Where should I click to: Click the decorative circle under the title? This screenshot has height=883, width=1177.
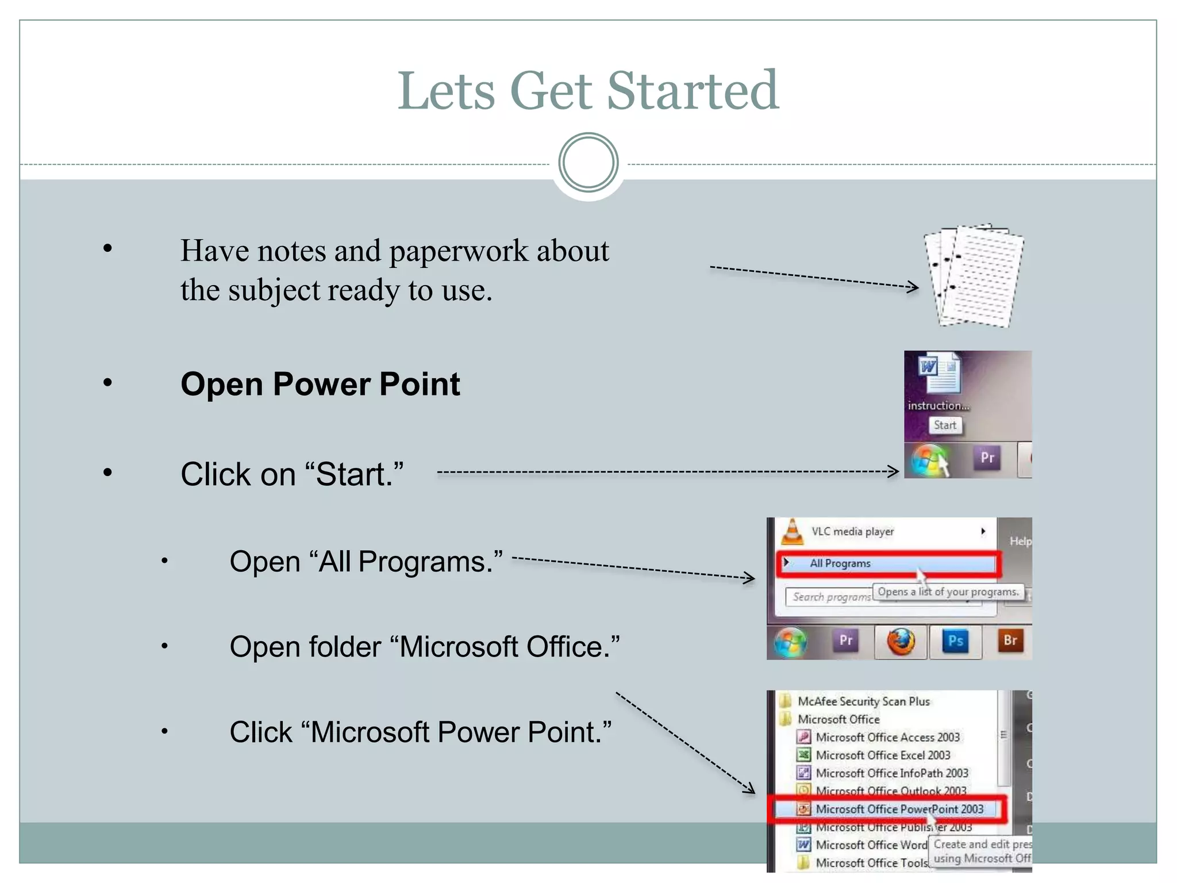point(588,163)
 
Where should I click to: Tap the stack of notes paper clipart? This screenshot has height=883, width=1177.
point(974,276)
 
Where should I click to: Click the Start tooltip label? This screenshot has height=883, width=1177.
point(945,425)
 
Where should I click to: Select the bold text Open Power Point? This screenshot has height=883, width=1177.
point(320,384)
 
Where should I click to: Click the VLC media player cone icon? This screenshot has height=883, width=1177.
point(793,532)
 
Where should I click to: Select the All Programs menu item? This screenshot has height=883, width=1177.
point(840,564)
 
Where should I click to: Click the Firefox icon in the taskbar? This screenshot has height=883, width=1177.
point(901,641)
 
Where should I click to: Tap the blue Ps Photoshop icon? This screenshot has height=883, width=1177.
point(955,641)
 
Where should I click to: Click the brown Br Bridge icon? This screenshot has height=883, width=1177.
point(1010,641)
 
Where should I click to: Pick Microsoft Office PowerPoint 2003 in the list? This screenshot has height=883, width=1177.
point(899,809)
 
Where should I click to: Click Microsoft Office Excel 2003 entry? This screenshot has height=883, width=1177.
point(883,755)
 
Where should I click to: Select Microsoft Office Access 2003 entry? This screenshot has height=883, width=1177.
point(887,738)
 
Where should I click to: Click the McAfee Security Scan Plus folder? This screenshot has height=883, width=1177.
point(863,701)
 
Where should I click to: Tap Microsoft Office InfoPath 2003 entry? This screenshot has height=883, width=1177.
point(892,774)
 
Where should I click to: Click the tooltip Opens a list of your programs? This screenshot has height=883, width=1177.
point(948,592)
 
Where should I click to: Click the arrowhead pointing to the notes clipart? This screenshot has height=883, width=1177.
point(914,287)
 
